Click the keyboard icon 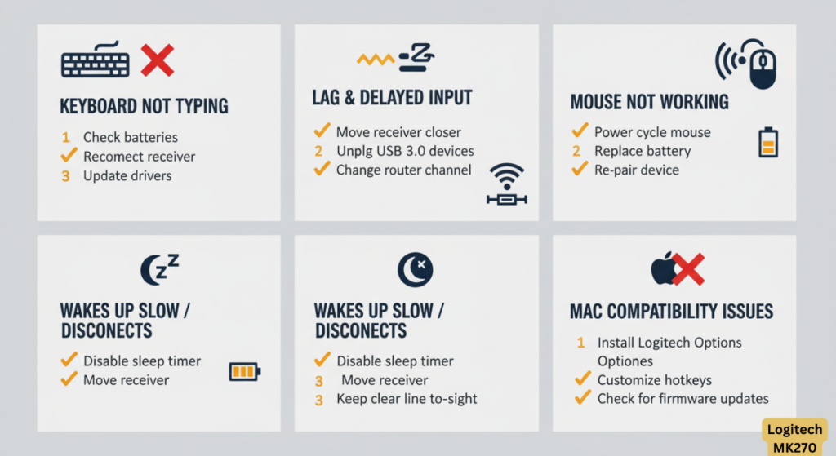coord(95,60)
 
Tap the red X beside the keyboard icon coord(158,60)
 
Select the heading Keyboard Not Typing coord(144,106)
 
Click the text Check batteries coord(131,137)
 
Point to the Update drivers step coord(127,176)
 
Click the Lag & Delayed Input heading coord(392,98)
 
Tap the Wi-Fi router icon coord(506,184)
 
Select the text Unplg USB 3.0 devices coord(405,151)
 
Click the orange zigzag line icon coord(376,59)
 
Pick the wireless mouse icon coord(746,64)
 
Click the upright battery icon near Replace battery coord(768,142)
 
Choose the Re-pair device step coord(637,170)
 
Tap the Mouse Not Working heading coord(649,102)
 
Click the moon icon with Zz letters coord(159,269)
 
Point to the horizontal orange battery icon coord(245,371)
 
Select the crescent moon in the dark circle coord(415,269)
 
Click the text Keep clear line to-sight coord(407,399)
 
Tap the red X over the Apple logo coord(687,269)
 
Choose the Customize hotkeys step coord(654,380)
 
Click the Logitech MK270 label coord(794,438)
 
